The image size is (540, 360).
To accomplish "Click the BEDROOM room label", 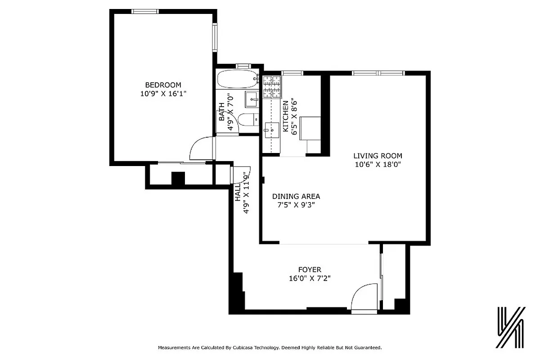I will [x=163, y=85].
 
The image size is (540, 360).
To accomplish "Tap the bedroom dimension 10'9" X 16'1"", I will [x=163, y=94].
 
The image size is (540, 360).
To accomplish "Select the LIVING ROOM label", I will [x=378, y=156].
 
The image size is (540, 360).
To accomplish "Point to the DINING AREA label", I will [x=296, y=196].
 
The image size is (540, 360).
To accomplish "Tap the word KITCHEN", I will [x=285, y=116].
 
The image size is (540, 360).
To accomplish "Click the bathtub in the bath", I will [x=237, y=80].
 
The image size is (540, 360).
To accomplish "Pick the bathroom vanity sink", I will [x=252, y=99].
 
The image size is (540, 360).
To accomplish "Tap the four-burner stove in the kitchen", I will [x=272, y=87].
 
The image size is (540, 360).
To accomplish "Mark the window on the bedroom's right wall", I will [x=215, y=38].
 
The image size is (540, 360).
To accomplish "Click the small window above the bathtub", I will [x=243, y=66].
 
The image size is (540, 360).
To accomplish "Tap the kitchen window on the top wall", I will [x=292, y=73].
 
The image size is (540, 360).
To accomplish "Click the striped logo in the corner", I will [x=511, y=328].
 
